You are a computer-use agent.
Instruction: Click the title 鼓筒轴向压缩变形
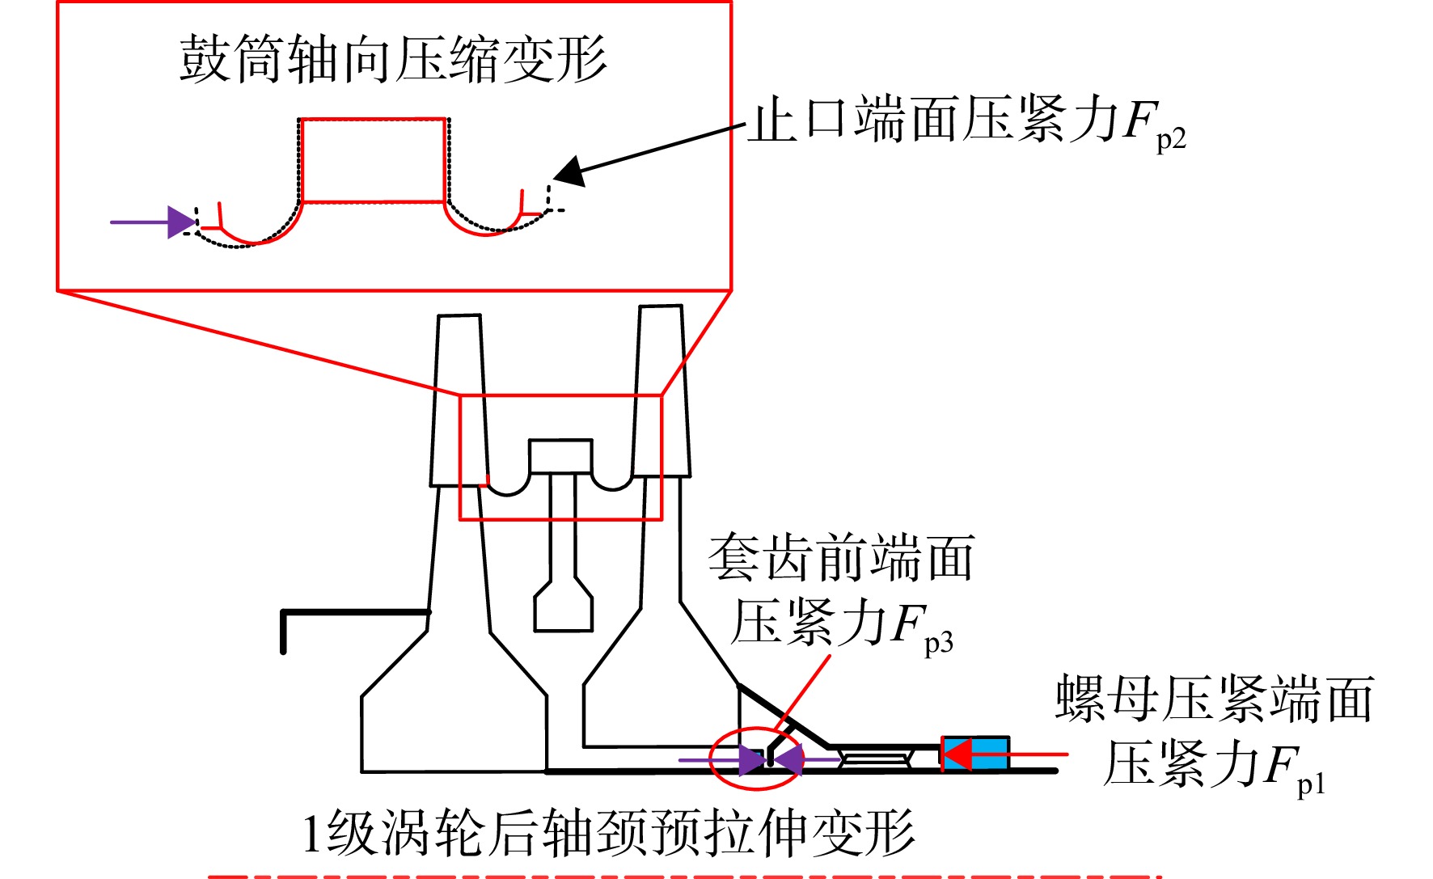(x=393, y=59)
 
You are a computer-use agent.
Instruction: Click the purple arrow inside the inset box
(x=154, y=222)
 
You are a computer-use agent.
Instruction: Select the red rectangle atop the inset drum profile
(x=373, y=160)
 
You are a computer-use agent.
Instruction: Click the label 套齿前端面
(x=841, y=558)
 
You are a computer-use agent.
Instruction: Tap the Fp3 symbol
(x=923, y=628)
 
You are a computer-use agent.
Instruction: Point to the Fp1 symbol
(x=1295, y=768)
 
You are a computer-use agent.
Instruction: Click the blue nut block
(x=975, y=753)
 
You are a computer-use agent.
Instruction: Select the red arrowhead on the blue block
(x=957, y=754)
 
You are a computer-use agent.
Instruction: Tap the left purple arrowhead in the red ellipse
(x=751, y=760)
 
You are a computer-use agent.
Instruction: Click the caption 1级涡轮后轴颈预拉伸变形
(x=608, y=833)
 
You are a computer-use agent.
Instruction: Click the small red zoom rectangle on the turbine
(x=560, y=395)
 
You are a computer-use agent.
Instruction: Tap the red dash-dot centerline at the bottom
(x=683, y=876)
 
